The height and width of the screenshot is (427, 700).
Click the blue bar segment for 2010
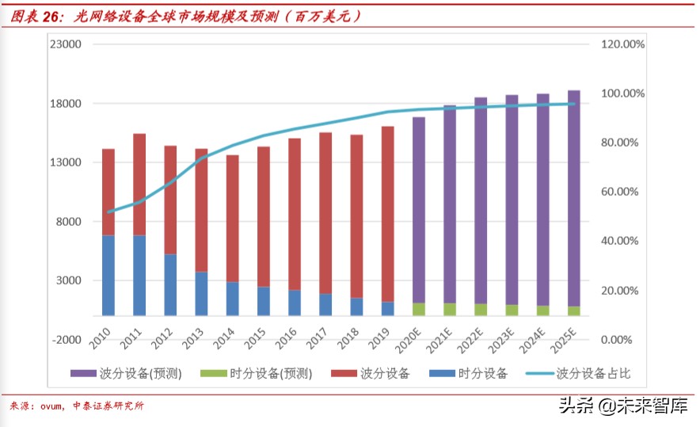108,275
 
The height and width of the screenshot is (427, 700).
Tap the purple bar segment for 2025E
573,198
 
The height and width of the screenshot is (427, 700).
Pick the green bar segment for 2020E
419,309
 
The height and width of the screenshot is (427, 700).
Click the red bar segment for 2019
387,214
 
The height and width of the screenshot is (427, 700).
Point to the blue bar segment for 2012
170,284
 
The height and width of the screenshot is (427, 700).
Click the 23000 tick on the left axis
67,45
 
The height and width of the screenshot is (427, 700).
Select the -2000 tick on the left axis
67,339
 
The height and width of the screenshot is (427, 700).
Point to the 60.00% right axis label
620,192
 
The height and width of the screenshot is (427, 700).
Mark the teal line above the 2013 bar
202,158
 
